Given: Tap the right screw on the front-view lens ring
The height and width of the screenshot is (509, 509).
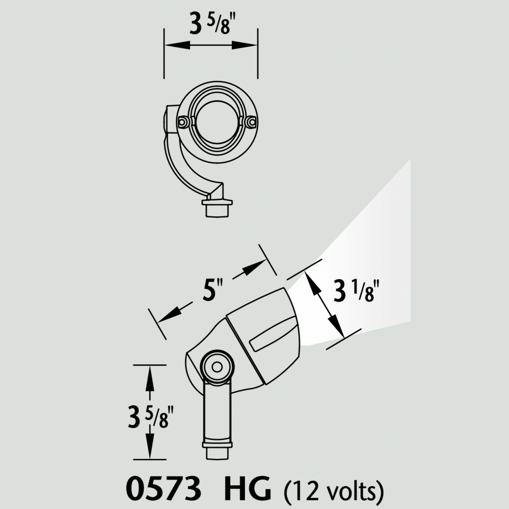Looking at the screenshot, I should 251,121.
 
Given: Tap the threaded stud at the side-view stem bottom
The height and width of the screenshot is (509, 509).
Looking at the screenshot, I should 217,451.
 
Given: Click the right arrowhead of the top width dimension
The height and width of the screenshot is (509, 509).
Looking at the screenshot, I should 246,44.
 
